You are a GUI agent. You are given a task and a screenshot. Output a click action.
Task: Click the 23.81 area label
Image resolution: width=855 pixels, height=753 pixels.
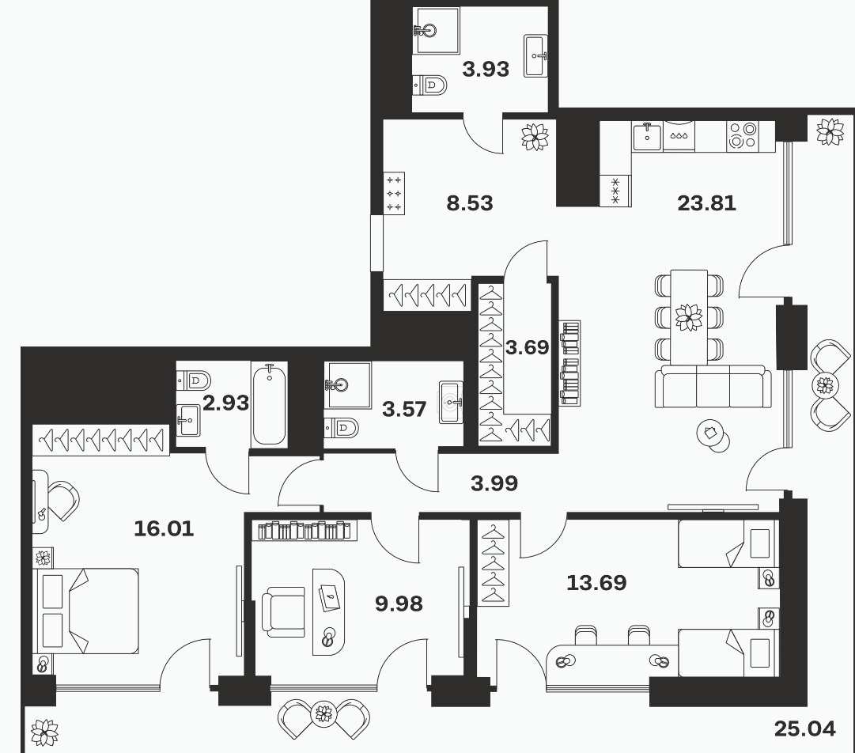706,203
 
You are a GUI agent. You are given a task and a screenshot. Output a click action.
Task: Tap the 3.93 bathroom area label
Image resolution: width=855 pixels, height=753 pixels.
486,70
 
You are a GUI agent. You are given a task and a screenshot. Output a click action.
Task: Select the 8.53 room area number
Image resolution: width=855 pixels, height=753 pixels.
470,203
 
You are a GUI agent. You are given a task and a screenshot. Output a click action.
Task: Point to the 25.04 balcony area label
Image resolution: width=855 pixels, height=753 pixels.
805,728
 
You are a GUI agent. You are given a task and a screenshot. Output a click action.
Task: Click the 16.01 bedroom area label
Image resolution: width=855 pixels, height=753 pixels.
164,528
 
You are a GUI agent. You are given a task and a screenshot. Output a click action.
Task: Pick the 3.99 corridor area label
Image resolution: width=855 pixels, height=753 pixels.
494,483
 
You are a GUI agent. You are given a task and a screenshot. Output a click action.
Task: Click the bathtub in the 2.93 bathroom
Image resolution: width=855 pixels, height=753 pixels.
270,404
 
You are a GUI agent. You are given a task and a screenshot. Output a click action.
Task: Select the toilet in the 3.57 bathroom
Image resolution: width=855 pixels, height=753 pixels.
342,427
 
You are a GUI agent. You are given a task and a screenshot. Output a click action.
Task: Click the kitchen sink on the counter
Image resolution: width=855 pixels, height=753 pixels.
647,136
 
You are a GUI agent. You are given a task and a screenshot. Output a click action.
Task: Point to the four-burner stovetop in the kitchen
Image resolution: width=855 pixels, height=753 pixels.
743,136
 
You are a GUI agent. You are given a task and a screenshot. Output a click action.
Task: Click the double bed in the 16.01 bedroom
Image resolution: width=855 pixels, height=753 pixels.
85,611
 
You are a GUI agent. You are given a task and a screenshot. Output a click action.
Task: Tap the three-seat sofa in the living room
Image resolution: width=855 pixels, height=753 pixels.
713,386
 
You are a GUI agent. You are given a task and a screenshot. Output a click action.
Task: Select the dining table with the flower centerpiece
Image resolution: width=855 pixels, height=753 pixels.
689,317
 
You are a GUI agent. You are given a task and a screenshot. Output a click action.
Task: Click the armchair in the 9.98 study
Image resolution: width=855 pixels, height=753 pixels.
283,611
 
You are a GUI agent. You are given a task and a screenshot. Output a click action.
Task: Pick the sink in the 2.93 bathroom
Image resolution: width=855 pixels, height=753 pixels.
190,420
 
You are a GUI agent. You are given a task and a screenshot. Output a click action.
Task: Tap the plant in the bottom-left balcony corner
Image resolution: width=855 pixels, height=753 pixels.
44,732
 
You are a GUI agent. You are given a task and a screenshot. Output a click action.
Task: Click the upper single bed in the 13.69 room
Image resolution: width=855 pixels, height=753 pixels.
727,543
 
